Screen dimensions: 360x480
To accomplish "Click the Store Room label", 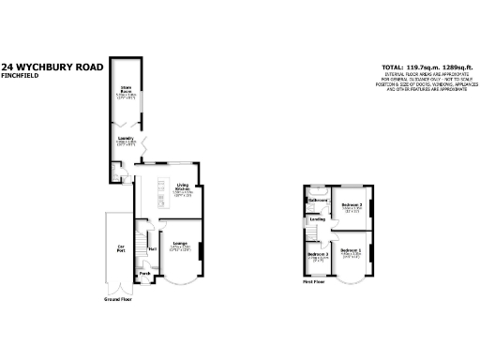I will (124, 90).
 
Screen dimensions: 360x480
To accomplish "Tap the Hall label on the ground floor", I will (151, 249).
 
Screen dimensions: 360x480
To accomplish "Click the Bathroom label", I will (319, 200).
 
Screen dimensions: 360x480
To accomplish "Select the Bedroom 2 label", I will (352, 204).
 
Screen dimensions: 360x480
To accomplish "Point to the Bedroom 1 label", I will (351, 250).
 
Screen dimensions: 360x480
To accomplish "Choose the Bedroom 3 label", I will (318, 254).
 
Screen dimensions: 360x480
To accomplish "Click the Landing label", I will (317, 219).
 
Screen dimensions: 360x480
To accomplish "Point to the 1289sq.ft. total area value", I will (448, 67).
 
